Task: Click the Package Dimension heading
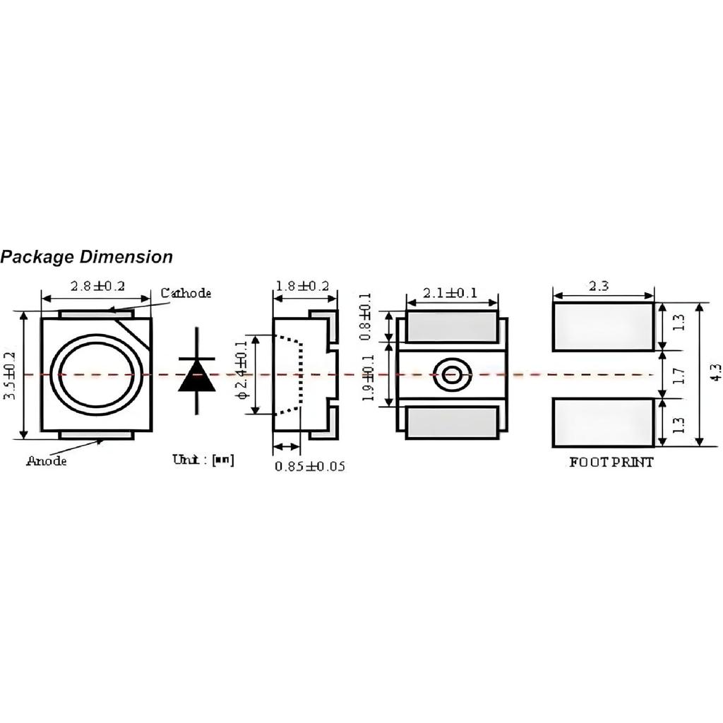pos(86,257)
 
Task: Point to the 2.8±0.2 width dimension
pos(97,286)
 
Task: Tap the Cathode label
pos(186,293)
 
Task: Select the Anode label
pos(47,461)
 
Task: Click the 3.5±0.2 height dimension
pos(9,376)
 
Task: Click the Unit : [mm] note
pos(203,460)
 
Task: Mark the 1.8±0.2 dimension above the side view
pos(302,286)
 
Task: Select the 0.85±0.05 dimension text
pos(310,467)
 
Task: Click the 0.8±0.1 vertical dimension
pos(365,318)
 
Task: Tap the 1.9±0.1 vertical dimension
pos(367,378)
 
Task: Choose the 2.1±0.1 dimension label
pos(450,292)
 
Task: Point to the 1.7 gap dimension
pos(679,375)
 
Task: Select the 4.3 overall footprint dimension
pos(715,373)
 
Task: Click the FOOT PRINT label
pos(611,462)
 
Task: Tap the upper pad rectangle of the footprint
pos(603,327)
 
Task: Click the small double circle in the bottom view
pos(452,375)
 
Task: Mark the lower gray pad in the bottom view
pos(452,423)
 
